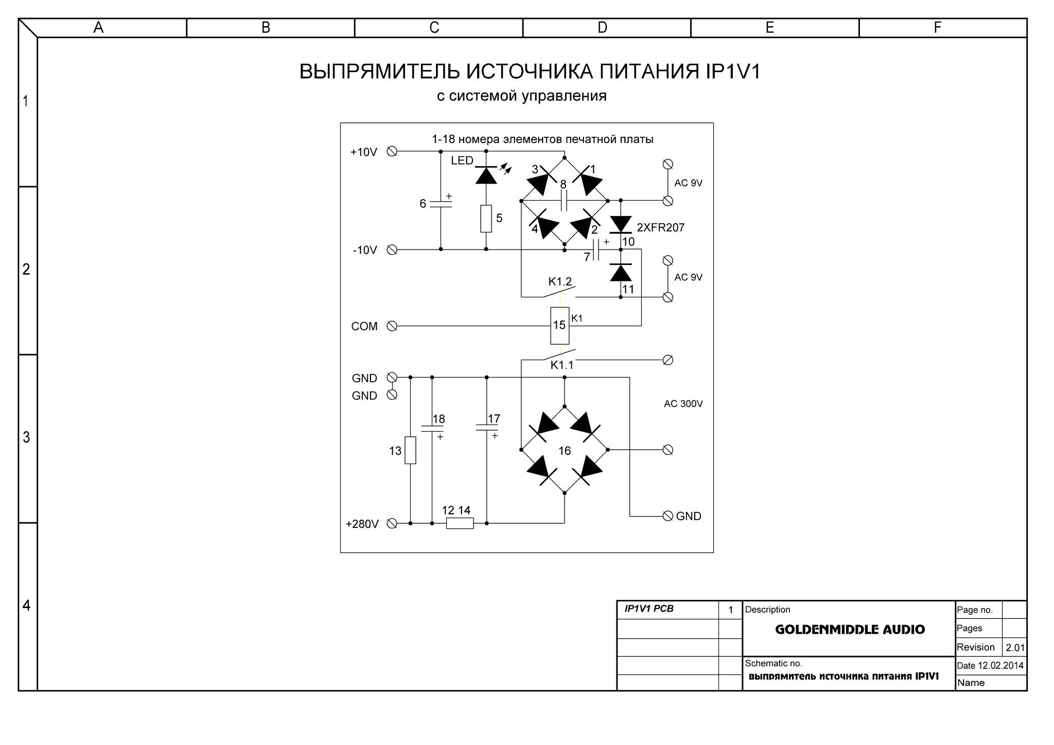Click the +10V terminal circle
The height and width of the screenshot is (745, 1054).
point(392,152)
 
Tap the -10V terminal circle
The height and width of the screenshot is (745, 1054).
point(392,250)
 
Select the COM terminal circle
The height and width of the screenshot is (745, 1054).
point(392,326)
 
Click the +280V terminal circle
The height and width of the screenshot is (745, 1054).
point(392,523)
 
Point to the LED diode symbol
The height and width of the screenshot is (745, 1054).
point(486,175)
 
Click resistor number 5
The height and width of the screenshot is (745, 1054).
point(486,219)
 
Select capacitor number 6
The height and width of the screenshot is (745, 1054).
point(441,204)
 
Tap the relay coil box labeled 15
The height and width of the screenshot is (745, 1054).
point(560,326)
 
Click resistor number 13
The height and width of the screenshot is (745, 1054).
point(410,450)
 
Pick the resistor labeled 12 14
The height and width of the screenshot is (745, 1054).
point(460,523)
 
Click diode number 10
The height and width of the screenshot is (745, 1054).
point(621,224)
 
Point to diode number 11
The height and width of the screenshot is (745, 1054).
point(621,272)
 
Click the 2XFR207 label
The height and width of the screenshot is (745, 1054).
point(661,227)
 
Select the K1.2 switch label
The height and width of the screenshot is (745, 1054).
point(560,281)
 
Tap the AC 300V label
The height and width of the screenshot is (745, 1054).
point(683,404)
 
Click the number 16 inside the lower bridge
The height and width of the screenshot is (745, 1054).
point(565,451)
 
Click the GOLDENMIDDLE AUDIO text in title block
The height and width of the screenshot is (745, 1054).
point(850,629)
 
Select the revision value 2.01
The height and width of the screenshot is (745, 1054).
point(1015,648)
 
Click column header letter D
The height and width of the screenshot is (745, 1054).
point(602,27)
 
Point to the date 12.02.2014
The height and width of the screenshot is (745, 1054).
point(1000,665)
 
